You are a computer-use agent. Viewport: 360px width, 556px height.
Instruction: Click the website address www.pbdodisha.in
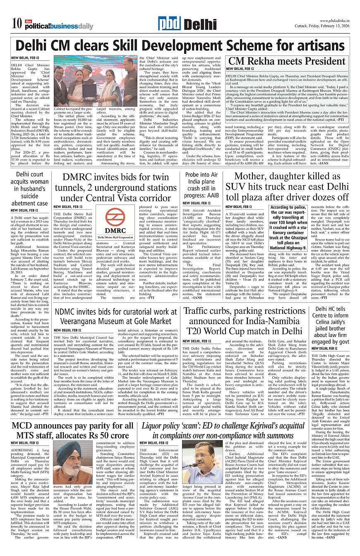(334, 21)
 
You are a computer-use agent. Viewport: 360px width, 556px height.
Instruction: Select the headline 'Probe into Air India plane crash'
(201, 185)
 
